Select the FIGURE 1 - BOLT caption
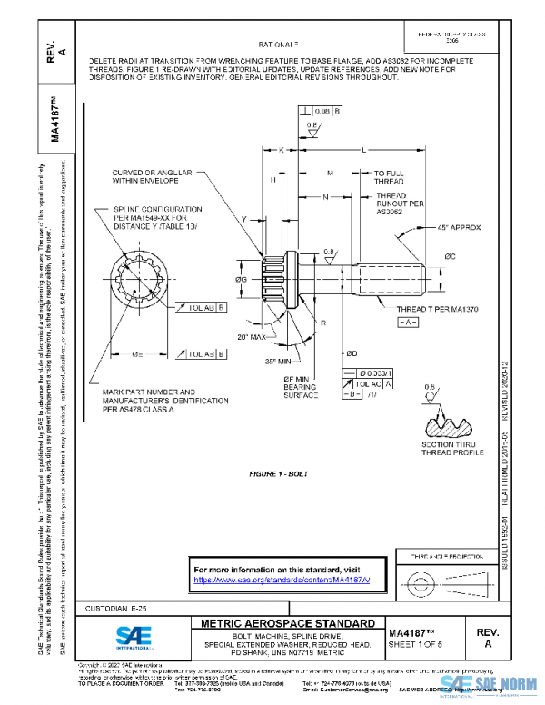[x=281, y=474]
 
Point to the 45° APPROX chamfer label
[x=461, y=226]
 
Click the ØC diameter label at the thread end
[x=449, y=257]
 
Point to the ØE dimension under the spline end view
[x=137, y=352]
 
